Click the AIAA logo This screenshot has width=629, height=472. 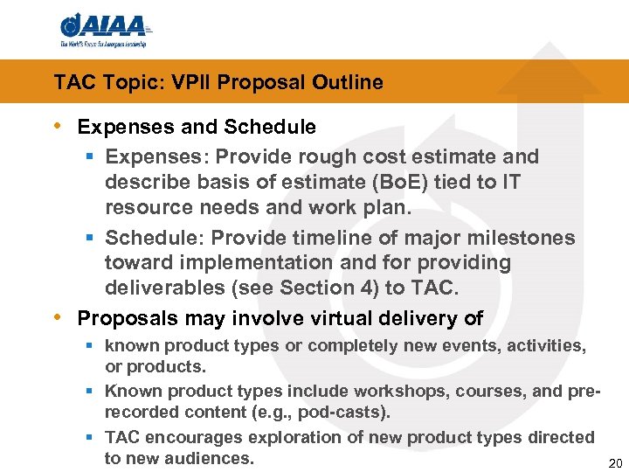pyautogui.click(x=103, y=31)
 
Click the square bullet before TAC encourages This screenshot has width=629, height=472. pyautogui.click(x=91, y=437)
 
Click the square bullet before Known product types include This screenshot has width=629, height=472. pyautogui.click(x=91, y=391)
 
